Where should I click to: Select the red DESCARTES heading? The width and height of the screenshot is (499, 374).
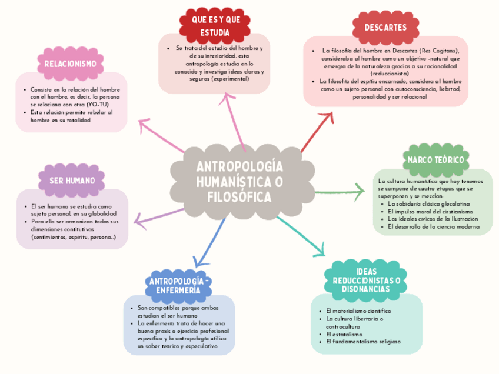click(385, 28)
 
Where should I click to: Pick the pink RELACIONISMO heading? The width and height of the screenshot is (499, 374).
click(70, 64)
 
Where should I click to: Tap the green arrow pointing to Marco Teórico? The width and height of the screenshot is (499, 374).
click(341, 191)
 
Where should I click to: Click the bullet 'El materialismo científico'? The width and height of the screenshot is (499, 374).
click(358, 310)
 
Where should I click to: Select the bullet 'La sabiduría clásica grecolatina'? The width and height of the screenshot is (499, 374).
click(428, 203)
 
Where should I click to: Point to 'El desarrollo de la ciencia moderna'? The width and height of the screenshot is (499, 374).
click(434, 226)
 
